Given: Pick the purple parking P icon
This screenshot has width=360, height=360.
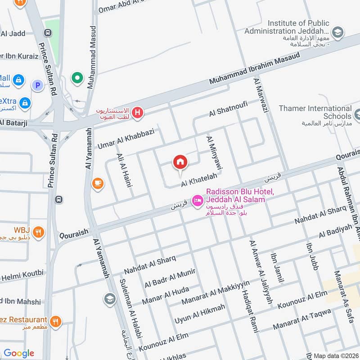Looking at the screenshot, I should (x=38, y=85).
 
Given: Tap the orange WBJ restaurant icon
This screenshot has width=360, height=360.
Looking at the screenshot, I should (x=39, y=232).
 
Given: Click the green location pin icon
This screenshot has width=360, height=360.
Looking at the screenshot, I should (x=78, y=78).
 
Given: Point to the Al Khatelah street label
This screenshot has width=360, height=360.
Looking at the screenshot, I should (x=196, y=181).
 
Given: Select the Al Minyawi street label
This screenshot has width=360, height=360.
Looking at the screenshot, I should (x=215, y=153).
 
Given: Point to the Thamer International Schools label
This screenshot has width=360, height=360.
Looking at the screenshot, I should (x=315, y=112).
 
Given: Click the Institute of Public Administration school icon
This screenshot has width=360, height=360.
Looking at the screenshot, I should (x=337, y=32).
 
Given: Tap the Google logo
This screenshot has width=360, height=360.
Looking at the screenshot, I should (x=19, y=353).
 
